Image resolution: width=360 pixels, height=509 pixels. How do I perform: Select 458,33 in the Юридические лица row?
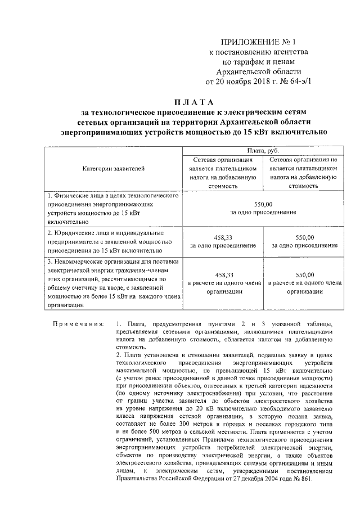(x=223, y=237)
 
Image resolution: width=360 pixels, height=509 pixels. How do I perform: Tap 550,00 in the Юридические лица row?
(x=304, y=237)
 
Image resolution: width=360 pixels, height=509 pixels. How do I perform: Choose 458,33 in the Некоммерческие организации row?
(x=223, y=274)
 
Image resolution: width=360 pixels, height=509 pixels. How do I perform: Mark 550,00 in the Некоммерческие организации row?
(x=304, y=274)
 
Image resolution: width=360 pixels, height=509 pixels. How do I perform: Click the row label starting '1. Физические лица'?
(x=113, y=196)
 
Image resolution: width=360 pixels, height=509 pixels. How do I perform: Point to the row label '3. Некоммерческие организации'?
(x=113, y=262)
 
